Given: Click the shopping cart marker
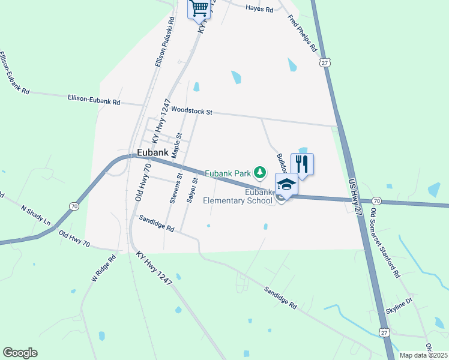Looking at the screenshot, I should [199, 9].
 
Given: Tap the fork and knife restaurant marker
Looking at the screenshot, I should [302, 163].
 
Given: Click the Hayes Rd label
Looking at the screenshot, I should [259, 10].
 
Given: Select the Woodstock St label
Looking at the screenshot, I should [191, 111].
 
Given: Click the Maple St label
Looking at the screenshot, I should [176, 146].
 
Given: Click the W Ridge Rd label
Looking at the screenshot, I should [103, 269].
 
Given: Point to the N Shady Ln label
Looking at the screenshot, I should [36, 217].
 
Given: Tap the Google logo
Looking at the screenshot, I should [20, 353].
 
